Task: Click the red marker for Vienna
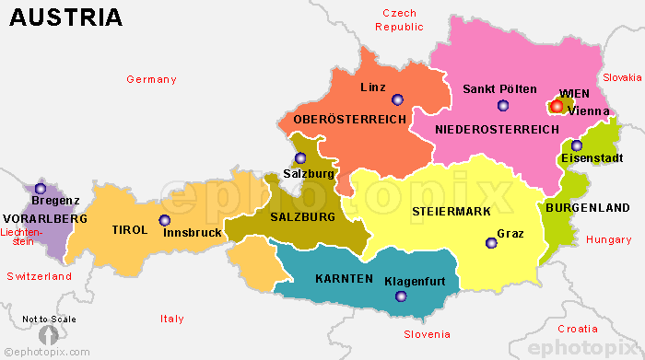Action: click(557, 106)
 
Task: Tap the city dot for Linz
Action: click(397, 99)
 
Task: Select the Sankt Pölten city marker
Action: click(502, 105)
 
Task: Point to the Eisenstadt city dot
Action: click(576, 145)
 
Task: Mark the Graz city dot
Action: click(491, 242)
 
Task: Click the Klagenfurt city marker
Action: click(400, 296)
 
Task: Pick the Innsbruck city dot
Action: click(165, 220)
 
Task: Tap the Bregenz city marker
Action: click(40, 188)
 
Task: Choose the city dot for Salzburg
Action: click(299, 157)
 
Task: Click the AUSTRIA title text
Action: click(66, 17)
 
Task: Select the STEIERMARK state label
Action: click(451, 212)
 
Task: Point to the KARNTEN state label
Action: click(344, 278)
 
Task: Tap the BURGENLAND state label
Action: click(588, 208)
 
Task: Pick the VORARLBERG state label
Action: click(44, 218)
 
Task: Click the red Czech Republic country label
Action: click(400, 20)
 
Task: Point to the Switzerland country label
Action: click(39, 276)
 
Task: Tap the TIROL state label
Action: click(129, 230)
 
